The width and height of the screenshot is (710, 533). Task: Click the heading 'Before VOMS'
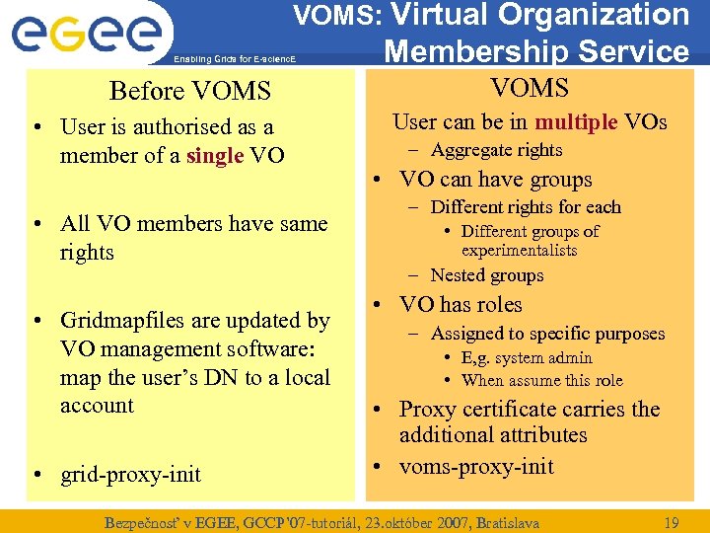(189, 92)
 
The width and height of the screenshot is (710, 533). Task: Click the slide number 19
(672, 520)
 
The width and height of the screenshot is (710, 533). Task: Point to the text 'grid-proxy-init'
(130, 475)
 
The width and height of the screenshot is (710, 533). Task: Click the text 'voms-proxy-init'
(476, 467)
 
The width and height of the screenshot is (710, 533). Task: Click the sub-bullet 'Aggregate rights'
(496, 150)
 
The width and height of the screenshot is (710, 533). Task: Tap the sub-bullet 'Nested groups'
(487, 275)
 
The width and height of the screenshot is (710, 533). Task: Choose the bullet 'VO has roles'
(461, 305)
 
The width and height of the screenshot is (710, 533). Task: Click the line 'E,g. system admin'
(527, 358)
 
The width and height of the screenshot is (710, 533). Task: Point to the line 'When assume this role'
(541, 380)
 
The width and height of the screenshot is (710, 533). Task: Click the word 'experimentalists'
(519, 251)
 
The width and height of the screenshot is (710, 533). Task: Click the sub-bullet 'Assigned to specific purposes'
(547, 334)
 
